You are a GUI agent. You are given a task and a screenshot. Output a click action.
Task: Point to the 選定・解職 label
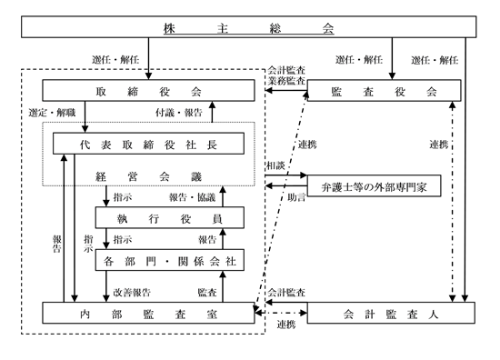[x=52, y=113]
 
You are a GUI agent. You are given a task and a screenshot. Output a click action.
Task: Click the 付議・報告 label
[x=179, y=113]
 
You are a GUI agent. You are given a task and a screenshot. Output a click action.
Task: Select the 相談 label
[x=275, y=165]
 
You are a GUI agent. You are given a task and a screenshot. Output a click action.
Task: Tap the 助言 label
[x=296, y=197]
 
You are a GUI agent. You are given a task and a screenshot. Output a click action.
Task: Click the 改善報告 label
[x=132, y=293]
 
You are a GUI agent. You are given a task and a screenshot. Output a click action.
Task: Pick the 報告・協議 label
[x=193, y=197]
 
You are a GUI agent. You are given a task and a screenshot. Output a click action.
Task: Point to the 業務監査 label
[x=286, y=81]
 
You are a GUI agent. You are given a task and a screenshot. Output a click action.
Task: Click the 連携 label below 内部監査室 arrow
[x=286, y=325]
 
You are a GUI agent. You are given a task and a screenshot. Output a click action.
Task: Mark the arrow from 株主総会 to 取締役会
[x=148, y=59]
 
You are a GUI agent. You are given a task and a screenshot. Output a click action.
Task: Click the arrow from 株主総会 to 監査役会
[x=392, y=59]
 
